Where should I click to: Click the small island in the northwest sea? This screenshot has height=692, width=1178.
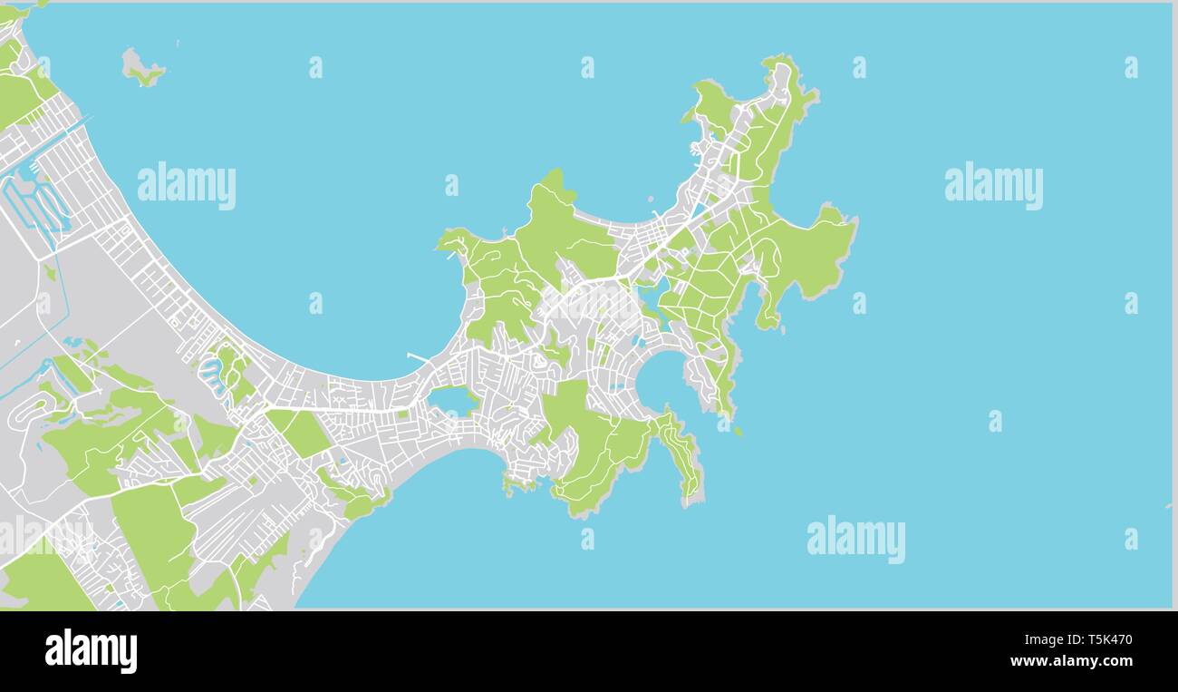click(x=140, y=69)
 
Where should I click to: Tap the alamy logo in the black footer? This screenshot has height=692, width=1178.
click(x=91, y=651)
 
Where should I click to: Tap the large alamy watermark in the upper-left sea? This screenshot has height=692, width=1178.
click(x=187, y=185)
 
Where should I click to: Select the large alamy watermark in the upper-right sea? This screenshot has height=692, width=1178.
click(x=993, y=185)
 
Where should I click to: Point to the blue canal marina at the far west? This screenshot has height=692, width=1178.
click(x=36, y=204)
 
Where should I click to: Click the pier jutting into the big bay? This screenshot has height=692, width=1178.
click(x=418, y=357)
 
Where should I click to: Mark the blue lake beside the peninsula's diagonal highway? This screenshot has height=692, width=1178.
click(x=654, y=294)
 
